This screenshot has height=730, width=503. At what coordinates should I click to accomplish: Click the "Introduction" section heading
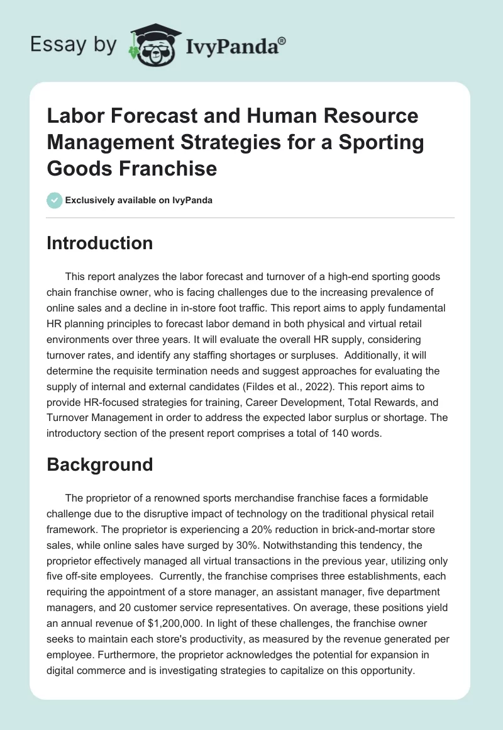[x=99, y=244]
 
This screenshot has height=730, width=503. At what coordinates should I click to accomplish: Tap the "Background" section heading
[x=99, y=464]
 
